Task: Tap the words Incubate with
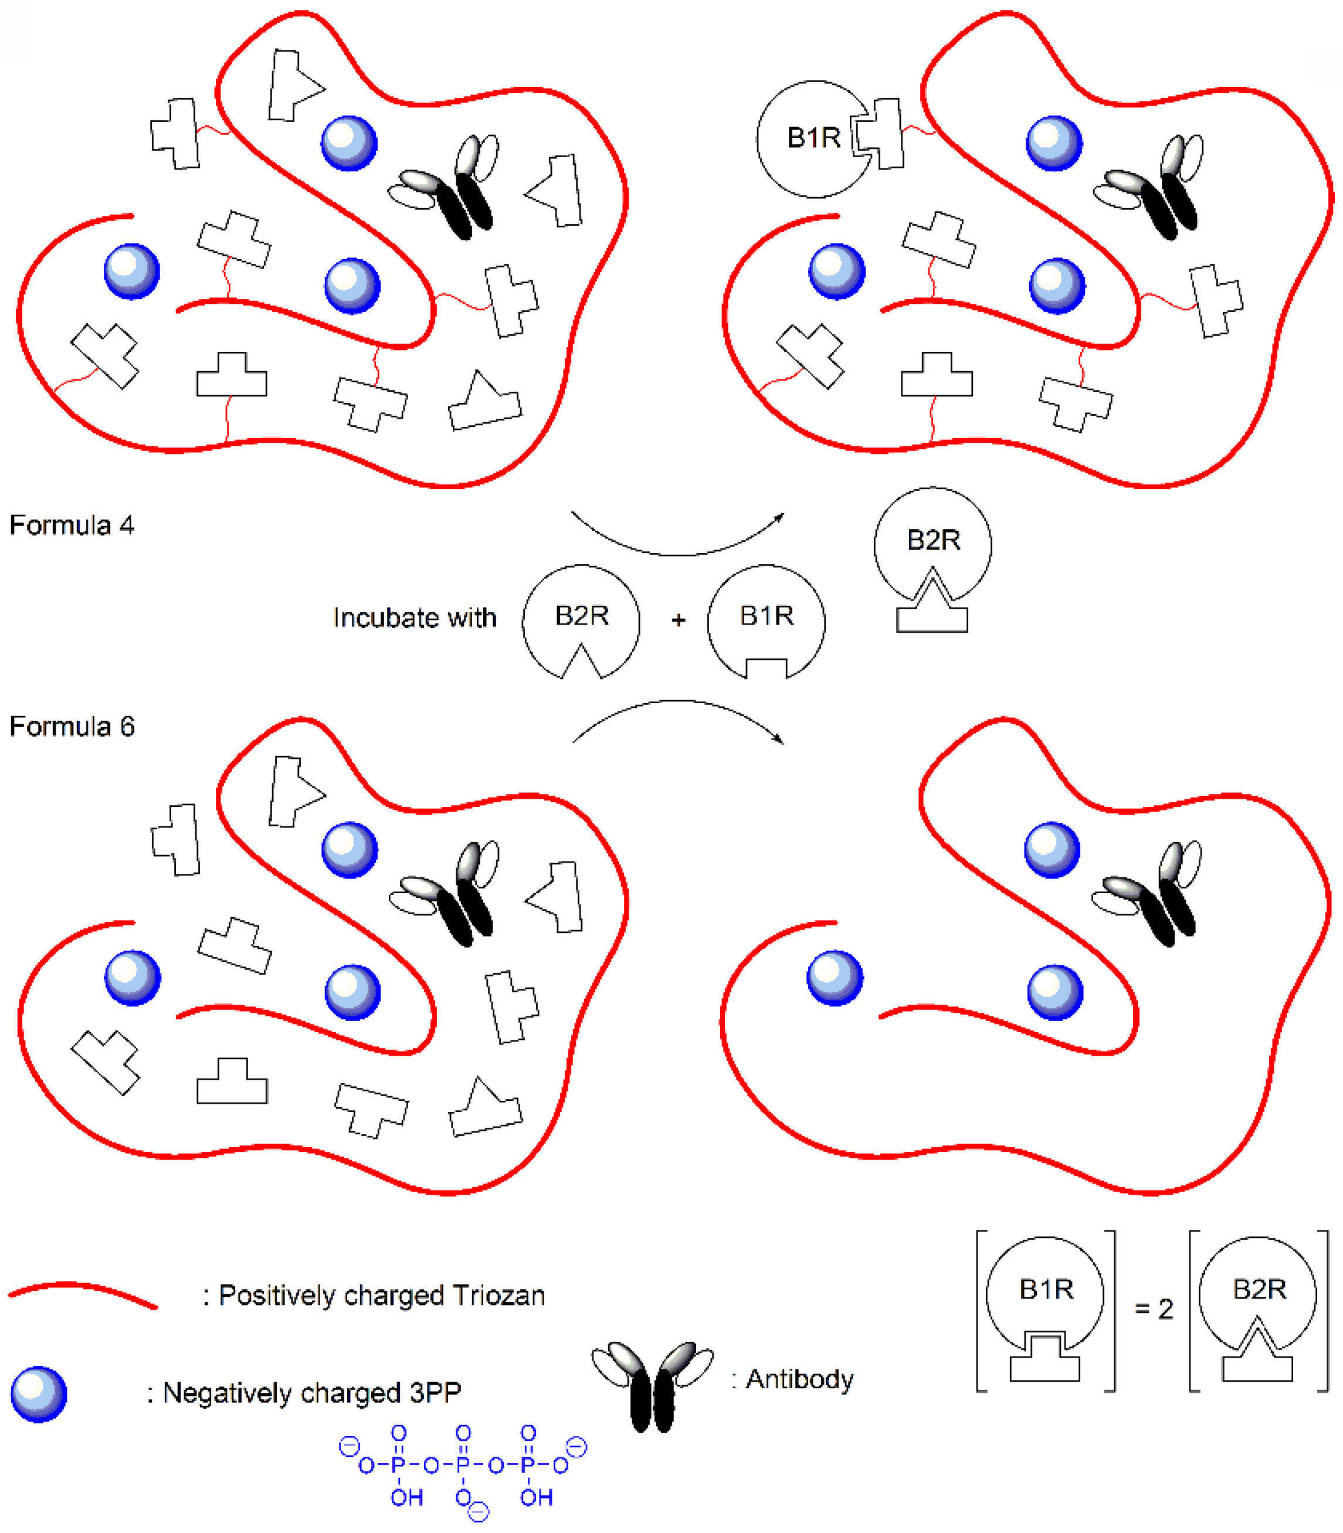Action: click(415, 618)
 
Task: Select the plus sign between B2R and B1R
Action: click(679, 620)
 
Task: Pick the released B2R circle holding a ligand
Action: click(932, 542)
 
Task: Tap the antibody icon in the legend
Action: click(652, 1383)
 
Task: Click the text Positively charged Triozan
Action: click(381, 1295)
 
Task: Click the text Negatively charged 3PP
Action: click(311, 1393)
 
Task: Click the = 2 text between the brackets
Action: click(1154, 1309)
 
